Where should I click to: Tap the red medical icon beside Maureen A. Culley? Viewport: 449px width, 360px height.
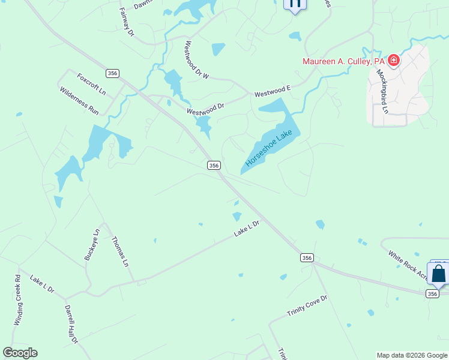coord(393,60)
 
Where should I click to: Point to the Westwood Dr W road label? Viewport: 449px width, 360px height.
coord(197,60)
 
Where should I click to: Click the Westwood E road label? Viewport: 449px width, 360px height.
coord(272,92)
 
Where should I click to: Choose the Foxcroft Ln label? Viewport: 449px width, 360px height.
coord(91,85)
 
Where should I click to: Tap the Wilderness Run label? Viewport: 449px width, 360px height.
coord(79,101)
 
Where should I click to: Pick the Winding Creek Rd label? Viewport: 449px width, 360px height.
coord(17,300)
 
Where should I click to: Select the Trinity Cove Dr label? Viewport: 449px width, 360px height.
coord(307,306)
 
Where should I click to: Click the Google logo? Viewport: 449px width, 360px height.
coord(20,353)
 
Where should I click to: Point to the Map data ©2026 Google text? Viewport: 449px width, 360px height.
coord(412,355)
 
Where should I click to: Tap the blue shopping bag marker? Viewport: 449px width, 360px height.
coord(439,274)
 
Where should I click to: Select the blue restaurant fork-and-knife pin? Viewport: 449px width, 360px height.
coord(295,4)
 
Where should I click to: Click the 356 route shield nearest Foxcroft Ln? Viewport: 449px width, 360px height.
coord(112,73)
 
